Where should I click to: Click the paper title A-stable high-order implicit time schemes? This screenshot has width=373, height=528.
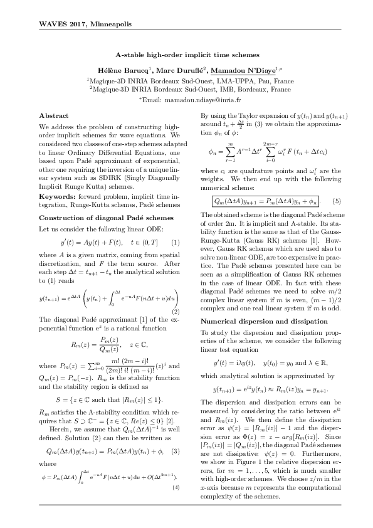click(x=186, y=55)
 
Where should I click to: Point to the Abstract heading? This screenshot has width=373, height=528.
click(x=50, y=116)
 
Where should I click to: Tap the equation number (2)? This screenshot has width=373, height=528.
click(x=176, y=312)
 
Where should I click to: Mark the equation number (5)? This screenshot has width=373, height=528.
click(x=336, y=201)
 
